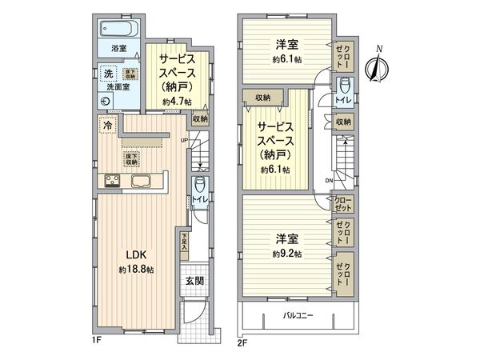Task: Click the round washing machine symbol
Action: (108, 101)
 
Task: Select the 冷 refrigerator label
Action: (106, 126)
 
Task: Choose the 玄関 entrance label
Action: (195, 281)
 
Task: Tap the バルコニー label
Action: (298, 315)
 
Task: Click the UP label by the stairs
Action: (186, 141)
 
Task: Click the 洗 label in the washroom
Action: (107, 74)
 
